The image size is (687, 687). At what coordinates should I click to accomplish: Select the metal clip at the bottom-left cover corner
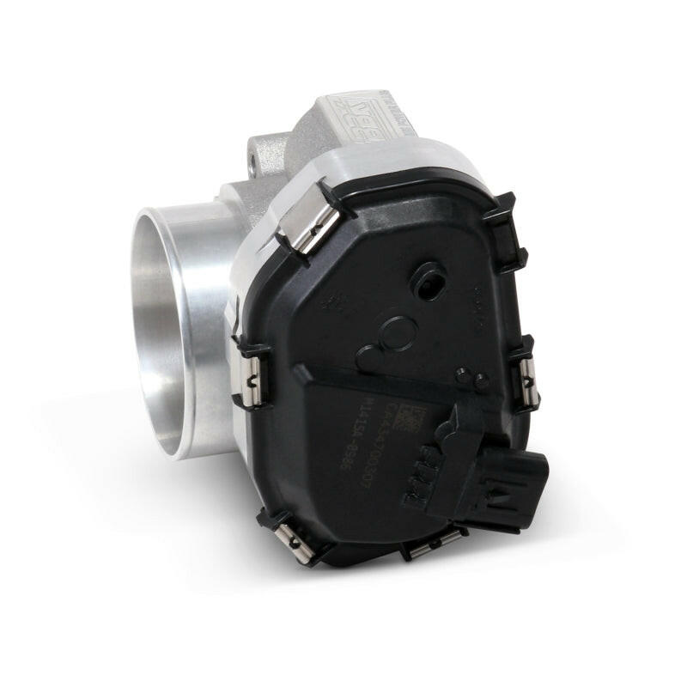point(292,536)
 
